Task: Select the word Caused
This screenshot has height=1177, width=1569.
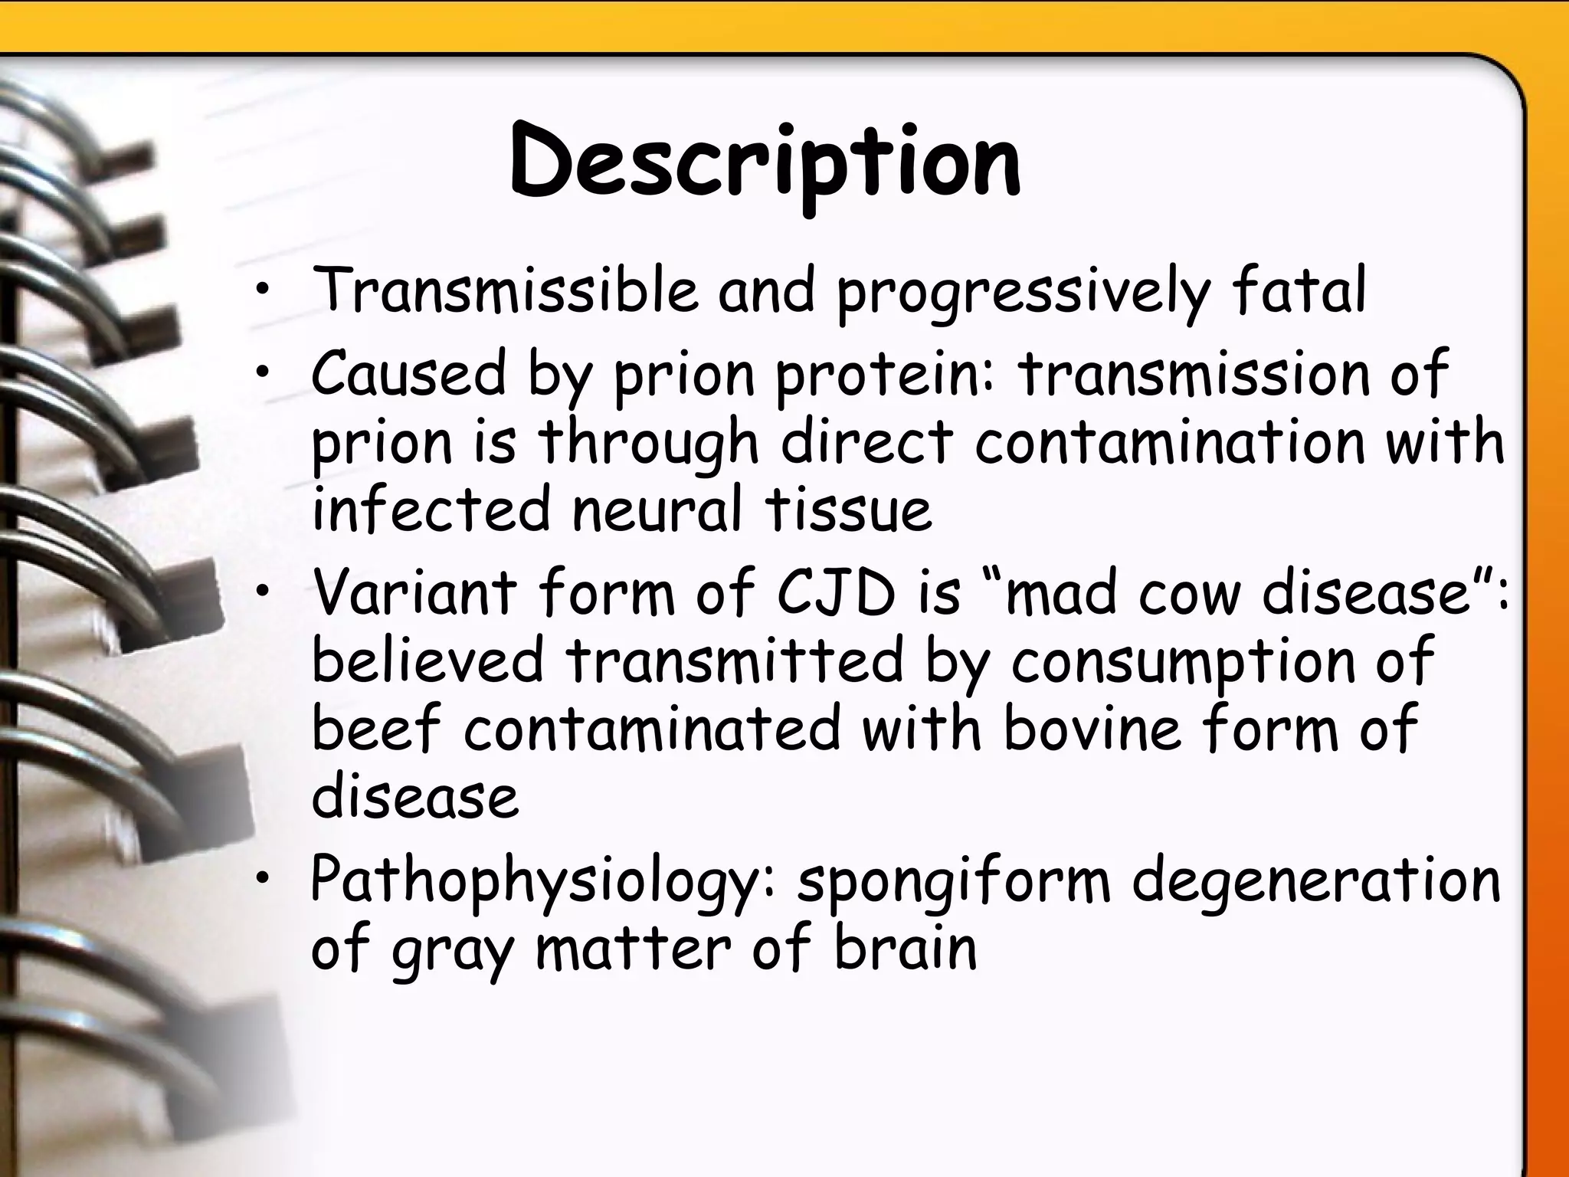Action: tap(409, 373)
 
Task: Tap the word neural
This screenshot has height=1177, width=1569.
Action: tap(657, 510)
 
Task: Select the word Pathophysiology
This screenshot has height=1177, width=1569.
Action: tap(536, 881)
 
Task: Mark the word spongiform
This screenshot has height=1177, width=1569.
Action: tap(954, 881)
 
